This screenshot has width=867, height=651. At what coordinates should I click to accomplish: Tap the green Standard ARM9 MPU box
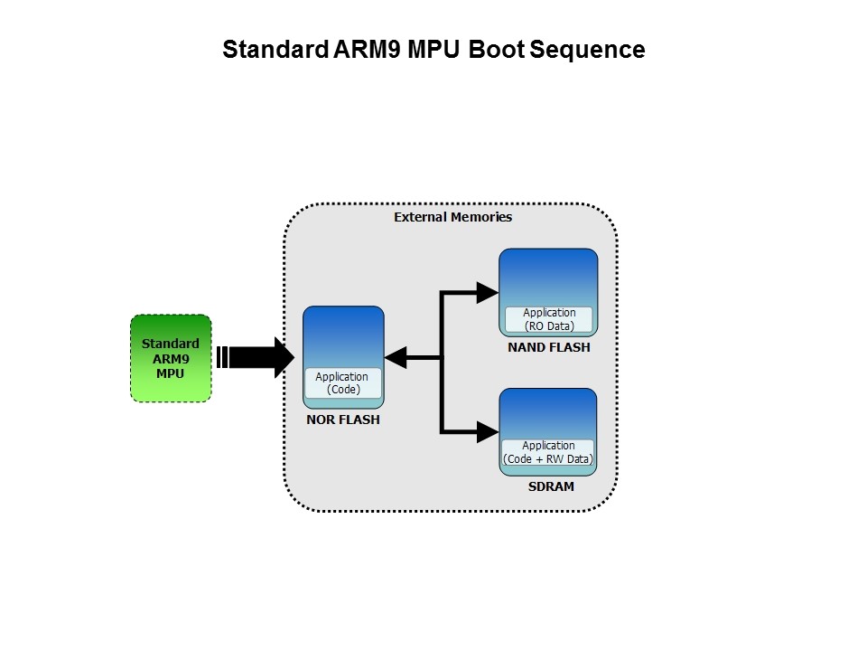171,358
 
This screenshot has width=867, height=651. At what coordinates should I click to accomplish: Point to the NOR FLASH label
342,420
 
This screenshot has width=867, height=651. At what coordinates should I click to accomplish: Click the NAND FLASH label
548,347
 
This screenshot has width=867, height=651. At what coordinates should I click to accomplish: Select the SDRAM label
548,486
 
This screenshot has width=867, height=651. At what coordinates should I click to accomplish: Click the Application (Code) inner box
342,382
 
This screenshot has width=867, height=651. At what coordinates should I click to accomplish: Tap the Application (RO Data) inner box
548,319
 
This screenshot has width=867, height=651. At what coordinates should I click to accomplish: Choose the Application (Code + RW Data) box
548,452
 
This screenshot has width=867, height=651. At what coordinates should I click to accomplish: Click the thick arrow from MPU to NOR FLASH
257,358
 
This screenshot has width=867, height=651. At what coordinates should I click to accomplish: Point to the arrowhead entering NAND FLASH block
488,291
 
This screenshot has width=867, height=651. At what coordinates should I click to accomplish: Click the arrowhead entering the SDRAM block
488,429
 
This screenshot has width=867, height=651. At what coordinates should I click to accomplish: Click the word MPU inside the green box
171,372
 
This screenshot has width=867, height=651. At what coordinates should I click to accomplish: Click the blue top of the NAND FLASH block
548,276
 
